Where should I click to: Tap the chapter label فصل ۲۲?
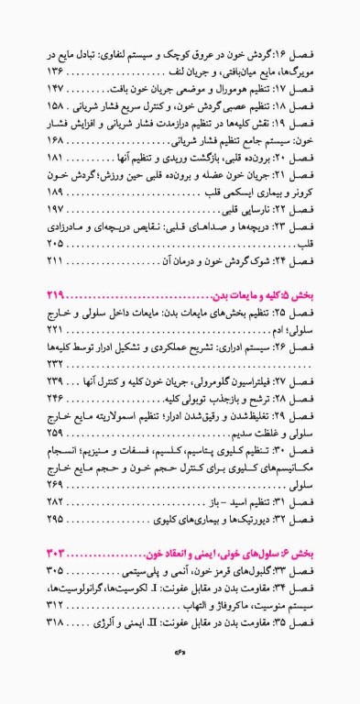pos(306,211)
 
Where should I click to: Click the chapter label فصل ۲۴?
pos(306,263)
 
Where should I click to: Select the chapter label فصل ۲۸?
pos(306,400)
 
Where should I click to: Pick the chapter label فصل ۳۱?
pos(306,502)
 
